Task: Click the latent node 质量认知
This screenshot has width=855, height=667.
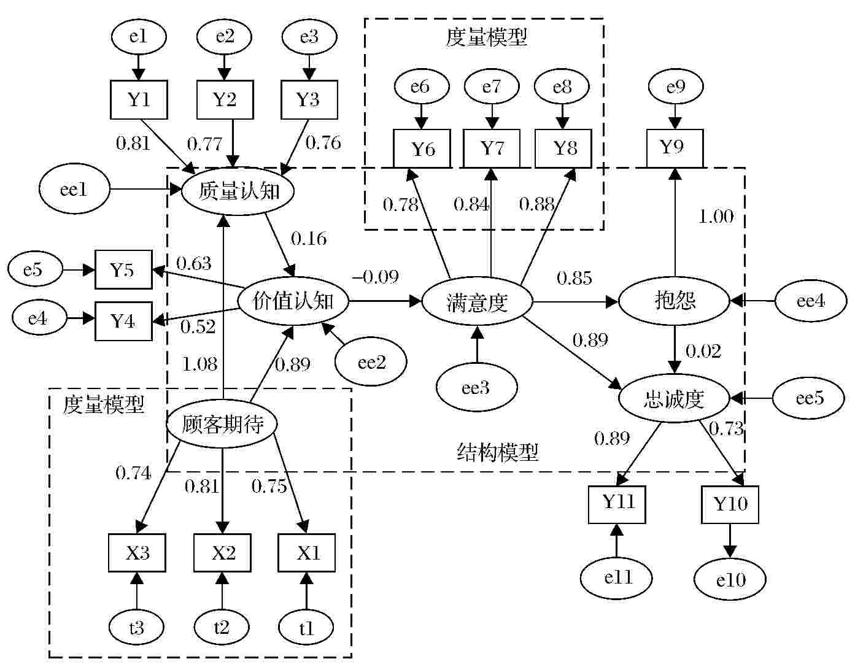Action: tap(238, 191)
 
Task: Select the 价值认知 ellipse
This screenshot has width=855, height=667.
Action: tap(293, 301)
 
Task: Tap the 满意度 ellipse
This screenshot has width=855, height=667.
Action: tap(477, 302)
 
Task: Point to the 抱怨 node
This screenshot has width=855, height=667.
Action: tap(675, 301)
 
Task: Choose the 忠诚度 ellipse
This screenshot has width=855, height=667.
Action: tap(674, 399)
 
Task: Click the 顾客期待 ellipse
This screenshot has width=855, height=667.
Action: tap(222, 424)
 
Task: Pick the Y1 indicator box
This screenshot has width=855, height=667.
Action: tap(139, 99)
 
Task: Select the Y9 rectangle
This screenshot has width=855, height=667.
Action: tap(674, 148)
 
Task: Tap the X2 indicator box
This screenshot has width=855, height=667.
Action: tap(223, 553)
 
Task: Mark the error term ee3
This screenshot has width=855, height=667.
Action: tap(476, 387)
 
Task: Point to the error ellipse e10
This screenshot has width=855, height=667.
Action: tap(730, 579)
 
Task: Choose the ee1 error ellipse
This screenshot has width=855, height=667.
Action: tap(74, 190)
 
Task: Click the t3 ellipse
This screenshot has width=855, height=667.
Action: tap(136, 628)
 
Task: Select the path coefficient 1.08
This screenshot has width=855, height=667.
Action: tap(199, 364)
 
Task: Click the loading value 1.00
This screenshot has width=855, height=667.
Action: tap(716, 217)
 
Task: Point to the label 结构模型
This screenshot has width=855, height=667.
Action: tap(498, 452)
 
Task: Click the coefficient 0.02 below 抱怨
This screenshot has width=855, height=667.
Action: tap(703, 351)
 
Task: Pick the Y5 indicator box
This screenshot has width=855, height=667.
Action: tap(123, 269)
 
